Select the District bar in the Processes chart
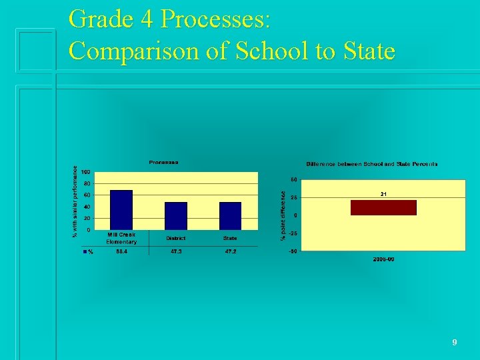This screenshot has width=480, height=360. pyautogui.click(x=176, y=216)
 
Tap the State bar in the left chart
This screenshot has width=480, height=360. pyautogui.click(x=230, y=216)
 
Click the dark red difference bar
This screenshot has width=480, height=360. pyautogui.click(x=383, y=207)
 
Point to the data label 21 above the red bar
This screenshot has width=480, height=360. pyautogui.click(x=384, y=194)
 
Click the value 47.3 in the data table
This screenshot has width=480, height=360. pyautogui.click(x=176, y=252)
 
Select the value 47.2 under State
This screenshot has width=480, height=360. pyautogui.click(x=230, y=252)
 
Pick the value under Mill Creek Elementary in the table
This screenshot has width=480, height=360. pyautogui.click(x=122, y=252)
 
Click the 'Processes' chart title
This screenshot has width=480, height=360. pyautogui.click(x=163, y=162)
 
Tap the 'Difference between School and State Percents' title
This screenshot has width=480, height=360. pyautogui.click(x=372, y=164)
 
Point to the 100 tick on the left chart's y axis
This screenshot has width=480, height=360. pyautogui.click(x=87, y=173)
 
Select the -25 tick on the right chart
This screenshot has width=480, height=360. pyautogui.click(x=293, y=233)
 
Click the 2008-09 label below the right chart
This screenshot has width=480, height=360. pyautogui.click(x=383, y=259)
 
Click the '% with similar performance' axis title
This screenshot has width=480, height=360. pyautogui.click(x=74, y=200)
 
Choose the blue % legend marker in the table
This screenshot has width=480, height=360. pyautogui.click(x=85, y=252)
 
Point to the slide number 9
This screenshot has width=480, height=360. pyautogui.click(x=454, y=342)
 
